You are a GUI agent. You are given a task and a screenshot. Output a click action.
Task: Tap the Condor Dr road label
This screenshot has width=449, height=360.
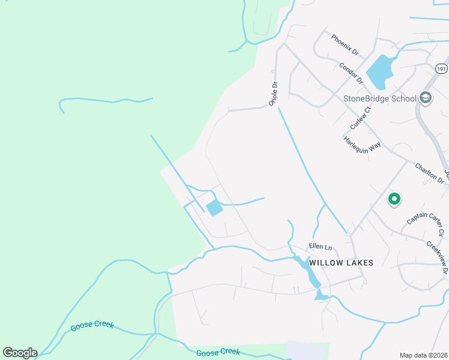(x=351, y=73)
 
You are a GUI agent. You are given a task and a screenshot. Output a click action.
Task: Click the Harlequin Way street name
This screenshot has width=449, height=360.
(x=363, y=146)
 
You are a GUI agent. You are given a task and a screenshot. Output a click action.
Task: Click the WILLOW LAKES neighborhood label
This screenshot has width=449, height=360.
(x=341, y=263)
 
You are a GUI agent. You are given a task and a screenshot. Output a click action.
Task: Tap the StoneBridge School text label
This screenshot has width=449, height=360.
(x=379, y=98)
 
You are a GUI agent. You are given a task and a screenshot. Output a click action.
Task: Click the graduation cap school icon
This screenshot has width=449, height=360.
(x=426, y=98)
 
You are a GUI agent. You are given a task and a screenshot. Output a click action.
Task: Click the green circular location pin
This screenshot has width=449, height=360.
(x=394, y=198)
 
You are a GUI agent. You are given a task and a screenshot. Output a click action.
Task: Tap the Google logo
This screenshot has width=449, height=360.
(x=20, y=353)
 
